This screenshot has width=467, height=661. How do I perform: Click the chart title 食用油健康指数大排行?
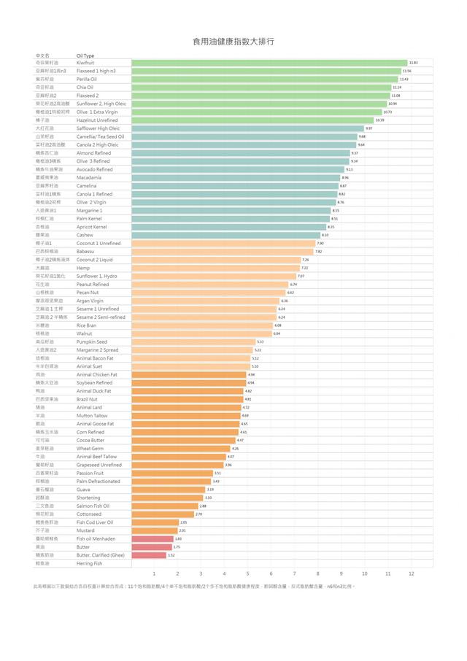233,42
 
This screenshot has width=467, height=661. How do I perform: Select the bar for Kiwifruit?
269,63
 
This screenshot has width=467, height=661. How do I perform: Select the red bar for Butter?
152,546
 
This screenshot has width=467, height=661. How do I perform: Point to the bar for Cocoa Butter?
183,440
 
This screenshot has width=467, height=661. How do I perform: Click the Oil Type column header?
85,55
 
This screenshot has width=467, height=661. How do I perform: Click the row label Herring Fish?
90,563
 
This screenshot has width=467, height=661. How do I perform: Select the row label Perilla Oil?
86,79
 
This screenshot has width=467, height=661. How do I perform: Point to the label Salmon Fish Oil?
93,506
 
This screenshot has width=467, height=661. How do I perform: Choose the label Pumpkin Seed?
91,341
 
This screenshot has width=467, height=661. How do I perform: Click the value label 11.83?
413,63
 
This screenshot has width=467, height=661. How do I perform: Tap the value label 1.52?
171,555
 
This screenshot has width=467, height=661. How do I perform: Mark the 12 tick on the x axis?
411,573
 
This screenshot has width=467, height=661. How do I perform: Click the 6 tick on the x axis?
271,573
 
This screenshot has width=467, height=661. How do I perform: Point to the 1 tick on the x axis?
154,573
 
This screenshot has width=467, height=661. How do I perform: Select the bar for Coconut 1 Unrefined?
223,243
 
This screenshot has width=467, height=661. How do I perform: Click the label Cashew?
85,235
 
